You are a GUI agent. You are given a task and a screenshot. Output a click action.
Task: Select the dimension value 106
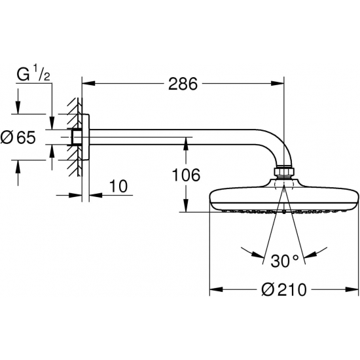tap(185, 174)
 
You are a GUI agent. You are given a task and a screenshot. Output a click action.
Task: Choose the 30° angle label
tap(285, 261)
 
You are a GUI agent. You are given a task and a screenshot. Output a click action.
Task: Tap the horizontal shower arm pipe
tap(177, 138)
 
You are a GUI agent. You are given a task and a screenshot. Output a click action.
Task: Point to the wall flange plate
tap(85, 137)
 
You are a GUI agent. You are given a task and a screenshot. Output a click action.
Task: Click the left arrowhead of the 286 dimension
tap(87, 83)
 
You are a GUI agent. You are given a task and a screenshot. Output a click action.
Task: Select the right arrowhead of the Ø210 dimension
tap(355, 289)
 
